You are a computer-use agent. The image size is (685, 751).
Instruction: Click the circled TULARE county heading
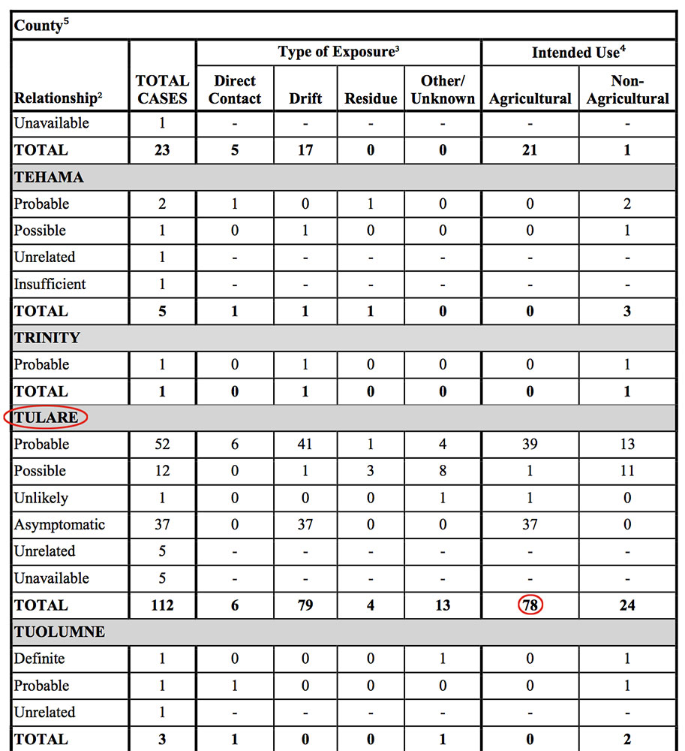46,418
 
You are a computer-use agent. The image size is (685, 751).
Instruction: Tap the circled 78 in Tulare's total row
530,605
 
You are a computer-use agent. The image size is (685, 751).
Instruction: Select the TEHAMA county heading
49,177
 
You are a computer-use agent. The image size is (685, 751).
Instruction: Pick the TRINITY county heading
47,338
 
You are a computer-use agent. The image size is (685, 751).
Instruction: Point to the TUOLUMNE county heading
59,632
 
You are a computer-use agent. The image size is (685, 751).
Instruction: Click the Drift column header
305,98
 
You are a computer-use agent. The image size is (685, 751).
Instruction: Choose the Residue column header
371,98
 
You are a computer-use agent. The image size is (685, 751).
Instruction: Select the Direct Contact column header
235,89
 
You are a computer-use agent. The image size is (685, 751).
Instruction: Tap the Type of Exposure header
338,52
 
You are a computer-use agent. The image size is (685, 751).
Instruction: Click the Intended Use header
578,52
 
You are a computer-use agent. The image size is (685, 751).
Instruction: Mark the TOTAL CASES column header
162,89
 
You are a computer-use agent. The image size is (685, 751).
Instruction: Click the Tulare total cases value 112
162,605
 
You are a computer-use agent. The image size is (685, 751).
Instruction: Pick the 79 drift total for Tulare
305,605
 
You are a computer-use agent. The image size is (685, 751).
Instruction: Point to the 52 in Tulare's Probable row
162,445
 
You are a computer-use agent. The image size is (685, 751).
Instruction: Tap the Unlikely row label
41,498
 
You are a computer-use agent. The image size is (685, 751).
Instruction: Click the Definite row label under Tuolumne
39,659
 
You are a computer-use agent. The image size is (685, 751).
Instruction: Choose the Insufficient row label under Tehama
50,284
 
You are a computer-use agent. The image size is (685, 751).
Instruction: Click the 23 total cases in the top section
162,150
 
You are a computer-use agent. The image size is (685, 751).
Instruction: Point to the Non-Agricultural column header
627,89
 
